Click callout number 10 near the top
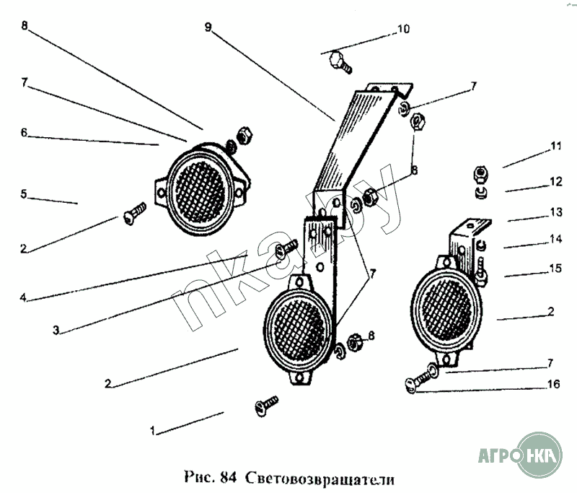click(x=403, y=29)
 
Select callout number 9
click(x=208, y=27)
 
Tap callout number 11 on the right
click(x=555, y=147)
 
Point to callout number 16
click(x=553, y=385)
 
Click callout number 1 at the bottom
click(x=153, y=431)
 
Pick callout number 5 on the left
click(x=24, y=194)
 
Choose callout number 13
click(x=556, y=212)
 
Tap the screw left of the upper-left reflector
click(x=135, y=214)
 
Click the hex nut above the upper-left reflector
click(x=245, y=136)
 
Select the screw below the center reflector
click(x=266, y=406)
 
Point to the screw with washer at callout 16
click(x=422, y=378)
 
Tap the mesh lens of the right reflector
click(x=446, y=310)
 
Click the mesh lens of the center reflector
click(x=299, y=330)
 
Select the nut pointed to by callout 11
click(x=480, y=174)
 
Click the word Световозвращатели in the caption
click(x=319, y=479)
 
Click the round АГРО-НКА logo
click(x=539, y=455)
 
